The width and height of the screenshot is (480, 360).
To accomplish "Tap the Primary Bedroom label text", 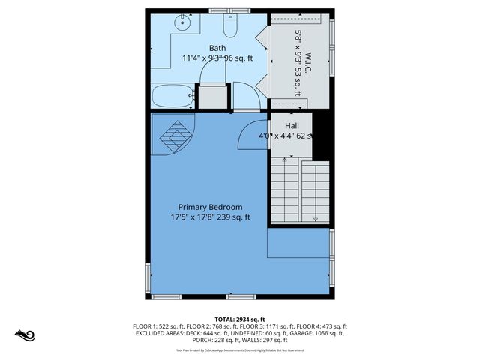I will tap(210, 207).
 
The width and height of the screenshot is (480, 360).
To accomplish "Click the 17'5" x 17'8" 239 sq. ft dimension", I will tap(210, 217).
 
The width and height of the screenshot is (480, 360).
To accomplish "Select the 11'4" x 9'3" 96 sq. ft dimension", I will tap(217, 58).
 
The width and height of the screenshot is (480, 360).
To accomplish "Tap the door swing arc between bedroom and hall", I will tap(253, 133).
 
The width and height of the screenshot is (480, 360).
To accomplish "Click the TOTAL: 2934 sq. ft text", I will tap(240, 319).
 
